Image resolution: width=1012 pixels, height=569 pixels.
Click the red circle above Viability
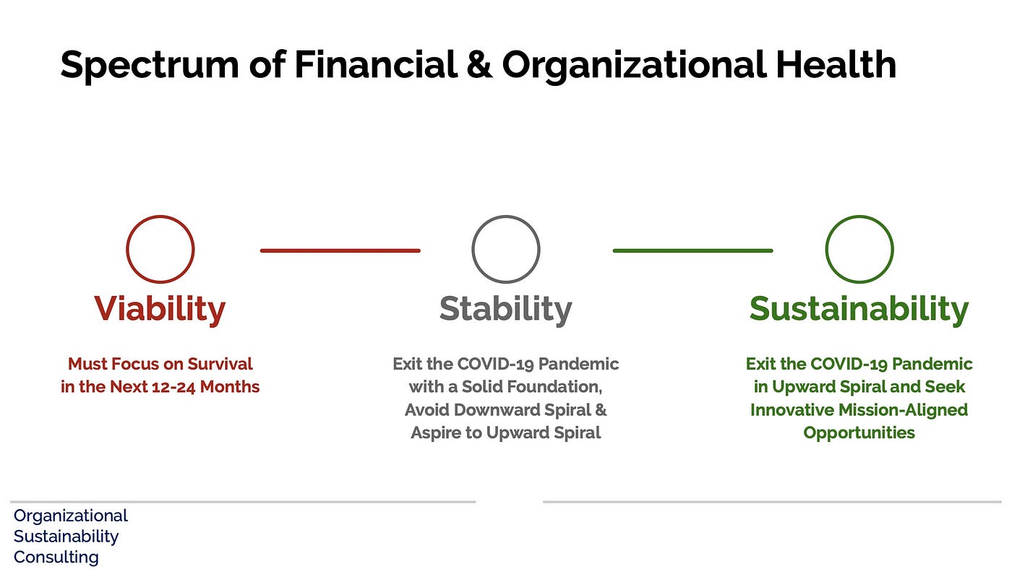tap(126, 249)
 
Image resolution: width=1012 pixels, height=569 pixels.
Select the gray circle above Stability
tap(473, 249)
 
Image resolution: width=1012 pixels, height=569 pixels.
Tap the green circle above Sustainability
tap(826, 249)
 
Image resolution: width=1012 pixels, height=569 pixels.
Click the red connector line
tap(340, 251)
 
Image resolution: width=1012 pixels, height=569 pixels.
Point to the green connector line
tap(692, 251)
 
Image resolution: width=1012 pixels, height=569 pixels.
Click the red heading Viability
tap(160, 310)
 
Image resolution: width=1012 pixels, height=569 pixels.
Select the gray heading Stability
tap(505, 310)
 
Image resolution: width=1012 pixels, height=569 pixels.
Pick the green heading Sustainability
tap(859, 310)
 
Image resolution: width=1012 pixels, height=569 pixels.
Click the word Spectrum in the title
tap(150, 66)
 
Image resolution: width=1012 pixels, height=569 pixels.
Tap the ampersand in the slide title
tap(479, 65)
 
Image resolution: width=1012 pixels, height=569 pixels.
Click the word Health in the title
tap(836, 64)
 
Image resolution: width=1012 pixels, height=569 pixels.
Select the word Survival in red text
tap(220, 364)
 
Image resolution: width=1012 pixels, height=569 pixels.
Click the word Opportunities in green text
tap(859, 433)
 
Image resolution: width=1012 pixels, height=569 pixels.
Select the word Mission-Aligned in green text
tap(903, 410)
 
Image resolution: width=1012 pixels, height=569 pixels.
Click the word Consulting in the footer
tap(56, 557)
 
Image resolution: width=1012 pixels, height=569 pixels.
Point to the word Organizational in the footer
tap(71, 516)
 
